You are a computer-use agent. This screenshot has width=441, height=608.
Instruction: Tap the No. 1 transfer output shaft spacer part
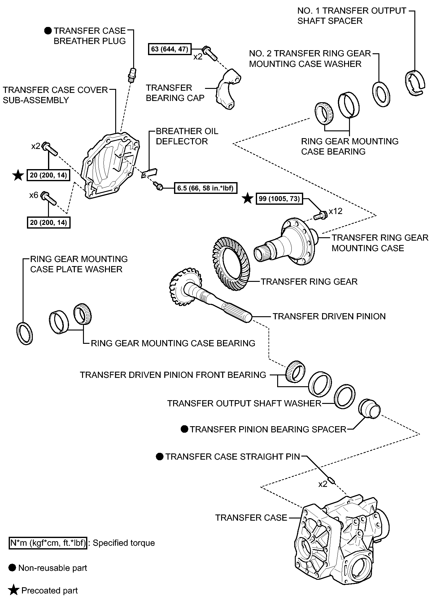[x=415, y=83]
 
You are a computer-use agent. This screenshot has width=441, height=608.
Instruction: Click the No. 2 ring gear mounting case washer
[x=381, y=94]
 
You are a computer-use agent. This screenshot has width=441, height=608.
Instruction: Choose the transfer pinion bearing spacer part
[x=369, y=409]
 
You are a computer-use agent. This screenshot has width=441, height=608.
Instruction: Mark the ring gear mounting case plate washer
[x=24, y=333]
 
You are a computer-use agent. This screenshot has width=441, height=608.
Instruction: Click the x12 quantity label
[x=335, y=211]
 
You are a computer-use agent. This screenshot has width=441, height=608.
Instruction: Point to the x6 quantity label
[x=34, y=195]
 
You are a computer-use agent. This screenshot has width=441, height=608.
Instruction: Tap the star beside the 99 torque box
[x=247, y=198]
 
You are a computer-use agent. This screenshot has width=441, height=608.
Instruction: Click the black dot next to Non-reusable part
[x=12, y=568]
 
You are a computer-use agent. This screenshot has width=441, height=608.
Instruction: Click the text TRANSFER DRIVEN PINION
[x=329, y=316]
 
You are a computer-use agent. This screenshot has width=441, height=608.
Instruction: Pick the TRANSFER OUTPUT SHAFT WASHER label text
[x=244, y=403]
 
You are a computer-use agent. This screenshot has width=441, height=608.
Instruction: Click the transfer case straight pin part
[x=331, y=480]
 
